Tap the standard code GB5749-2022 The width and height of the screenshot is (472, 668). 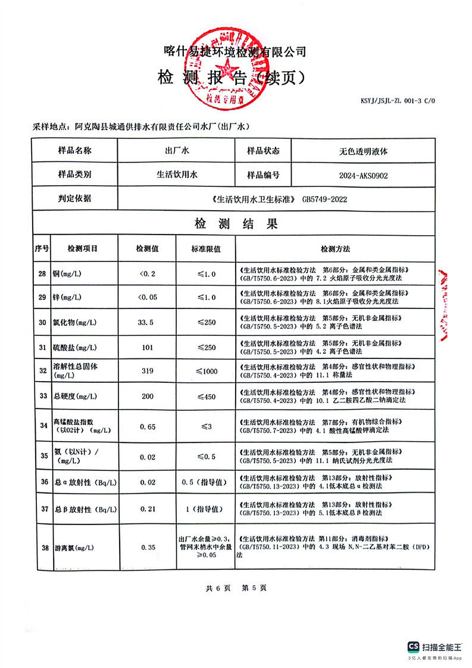point(324,199)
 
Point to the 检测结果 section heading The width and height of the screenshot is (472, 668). point(236,224)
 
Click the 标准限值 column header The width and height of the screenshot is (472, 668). point(205,248)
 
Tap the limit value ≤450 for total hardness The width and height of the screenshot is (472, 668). point(206,397)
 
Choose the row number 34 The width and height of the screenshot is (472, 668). point(42,425)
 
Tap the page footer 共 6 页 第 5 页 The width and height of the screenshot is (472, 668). point(236,588)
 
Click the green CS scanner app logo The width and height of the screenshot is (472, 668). point(414,646)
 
